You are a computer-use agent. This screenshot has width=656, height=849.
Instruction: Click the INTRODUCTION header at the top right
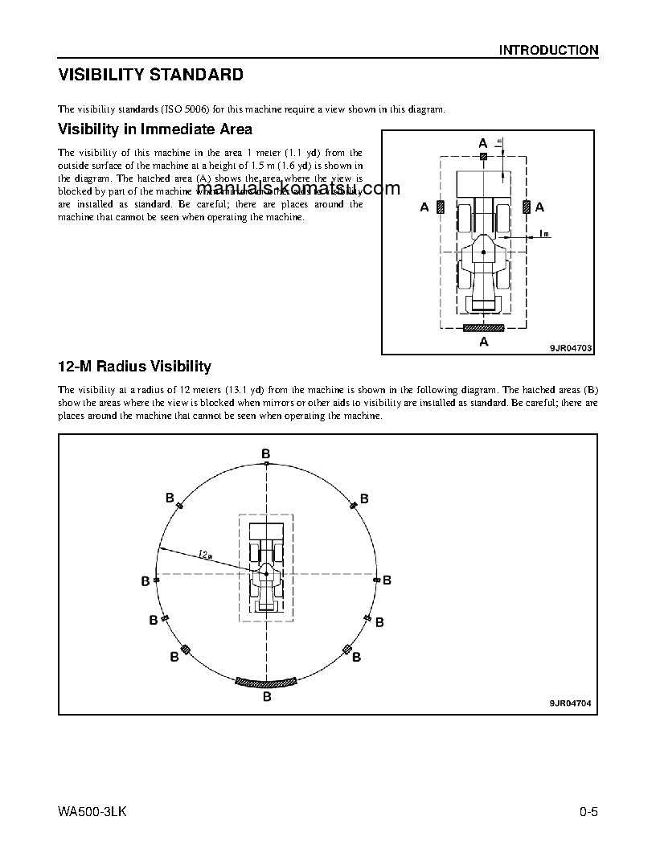(x=548, y=50)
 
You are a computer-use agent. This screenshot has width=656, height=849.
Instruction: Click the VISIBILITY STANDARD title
(x=150, y=76)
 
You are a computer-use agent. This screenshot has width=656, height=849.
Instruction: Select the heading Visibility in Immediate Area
(x=155, y=129)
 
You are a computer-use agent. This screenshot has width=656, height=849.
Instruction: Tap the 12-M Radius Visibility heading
(x=134, y=367)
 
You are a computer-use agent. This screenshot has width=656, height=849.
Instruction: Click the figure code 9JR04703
(x=570, y=347)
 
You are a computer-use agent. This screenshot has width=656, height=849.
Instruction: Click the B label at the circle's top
(x=266, y=455)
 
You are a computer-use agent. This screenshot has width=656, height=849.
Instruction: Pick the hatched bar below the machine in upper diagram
(x=483, y=327)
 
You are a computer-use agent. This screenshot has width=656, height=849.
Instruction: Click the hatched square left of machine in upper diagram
(x=441, y=207)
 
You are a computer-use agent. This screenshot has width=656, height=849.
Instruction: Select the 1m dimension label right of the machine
(x=544, y=234)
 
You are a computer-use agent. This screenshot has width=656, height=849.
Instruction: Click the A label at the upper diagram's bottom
(x=483, y=342)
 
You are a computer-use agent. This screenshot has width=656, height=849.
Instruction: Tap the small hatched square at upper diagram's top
(x=483, y=157)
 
